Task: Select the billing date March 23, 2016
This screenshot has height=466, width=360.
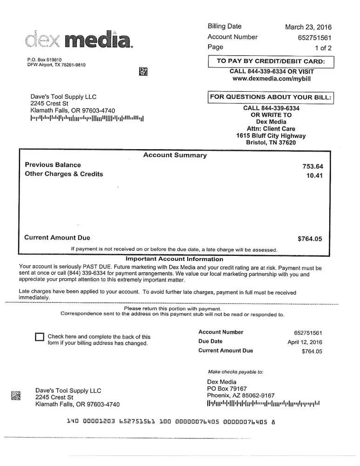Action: point(308,27)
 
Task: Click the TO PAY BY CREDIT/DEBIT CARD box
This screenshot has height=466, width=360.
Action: point(272,62)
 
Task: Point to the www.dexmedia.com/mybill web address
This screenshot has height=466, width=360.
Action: point(272,79)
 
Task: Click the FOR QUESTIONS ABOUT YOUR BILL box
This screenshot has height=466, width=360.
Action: point(271,97)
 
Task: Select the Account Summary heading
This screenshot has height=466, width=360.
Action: point(175,156)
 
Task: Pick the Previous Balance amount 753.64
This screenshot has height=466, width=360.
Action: point(312,166)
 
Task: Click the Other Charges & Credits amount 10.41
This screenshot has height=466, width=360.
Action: point(314,176)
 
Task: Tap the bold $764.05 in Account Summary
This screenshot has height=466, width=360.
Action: point(310,239)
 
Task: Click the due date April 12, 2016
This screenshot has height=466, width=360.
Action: point(305,342)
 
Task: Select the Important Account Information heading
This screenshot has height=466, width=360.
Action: point(174,259)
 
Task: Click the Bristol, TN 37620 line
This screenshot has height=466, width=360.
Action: point(271,143)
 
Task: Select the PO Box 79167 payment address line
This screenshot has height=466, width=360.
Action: point(227,389)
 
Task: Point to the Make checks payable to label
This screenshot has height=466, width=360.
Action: point(236,372)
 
